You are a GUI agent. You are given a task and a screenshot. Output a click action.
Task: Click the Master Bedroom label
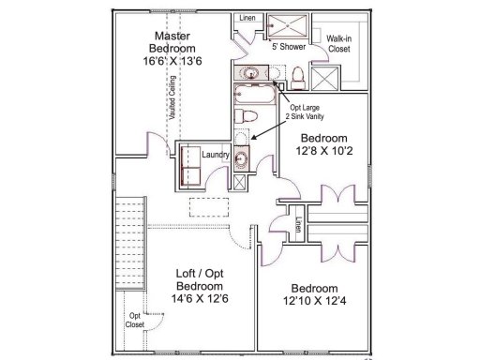pyautogui.click(x=174, y=40)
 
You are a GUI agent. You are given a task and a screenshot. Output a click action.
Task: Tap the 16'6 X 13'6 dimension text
pyautogui.click(x=174, y=59)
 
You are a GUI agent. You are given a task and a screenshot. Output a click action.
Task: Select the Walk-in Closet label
pyautogui.click(x=338, y=42)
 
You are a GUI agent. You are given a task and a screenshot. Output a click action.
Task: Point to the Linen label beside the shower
pyautogui.click(x=247, y=18)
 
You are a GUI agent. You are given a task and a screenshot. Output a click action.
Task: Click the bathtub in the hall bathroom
pyautogui.click(x=253, y=94)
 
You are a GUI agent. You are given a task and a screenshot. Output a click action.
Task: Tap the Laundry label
pyautogui.click(x=216, y=157)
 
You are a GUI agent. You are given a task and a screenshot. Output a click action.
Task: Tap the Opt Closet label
pyautogui.click(x=136, y=320)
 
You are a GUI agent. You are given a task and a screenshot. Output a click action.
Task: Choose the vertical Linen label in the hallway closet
pyautogui.click(x=297, y=225)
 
